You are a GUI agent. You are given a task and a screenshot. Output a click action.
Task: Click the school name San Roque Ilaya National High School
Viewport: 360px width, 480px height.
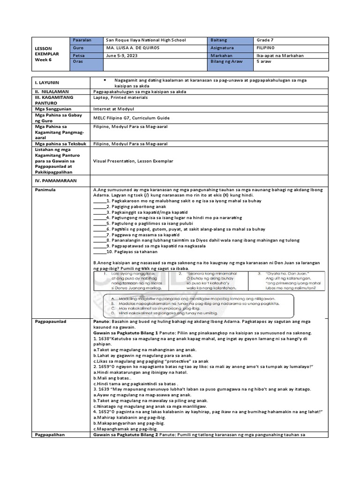point(146,40)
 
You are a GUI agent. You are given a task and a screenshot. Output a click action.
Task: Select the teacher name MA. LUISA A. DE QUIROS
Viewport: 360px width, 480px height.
point(133,48)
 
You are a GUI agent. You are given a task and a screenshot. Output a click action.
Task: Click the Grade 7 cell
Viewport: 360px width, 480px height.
point(268,40)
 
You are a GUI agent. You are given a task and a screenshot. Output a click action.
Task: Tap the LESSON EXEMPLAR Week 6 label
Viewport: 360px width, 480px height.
point(47,54)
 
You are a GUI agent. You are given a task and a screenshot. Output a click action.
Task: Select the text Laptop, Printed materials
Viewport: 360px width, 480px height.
point(120,97)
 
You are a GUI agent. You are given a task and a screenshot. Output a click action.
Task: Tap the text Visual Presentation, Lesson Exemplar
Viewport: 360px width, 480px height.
point(133,161)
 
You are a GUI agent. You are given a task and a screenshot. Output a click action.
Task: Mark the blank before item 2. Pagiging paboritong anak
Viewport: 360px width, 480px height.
point(99,206)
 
